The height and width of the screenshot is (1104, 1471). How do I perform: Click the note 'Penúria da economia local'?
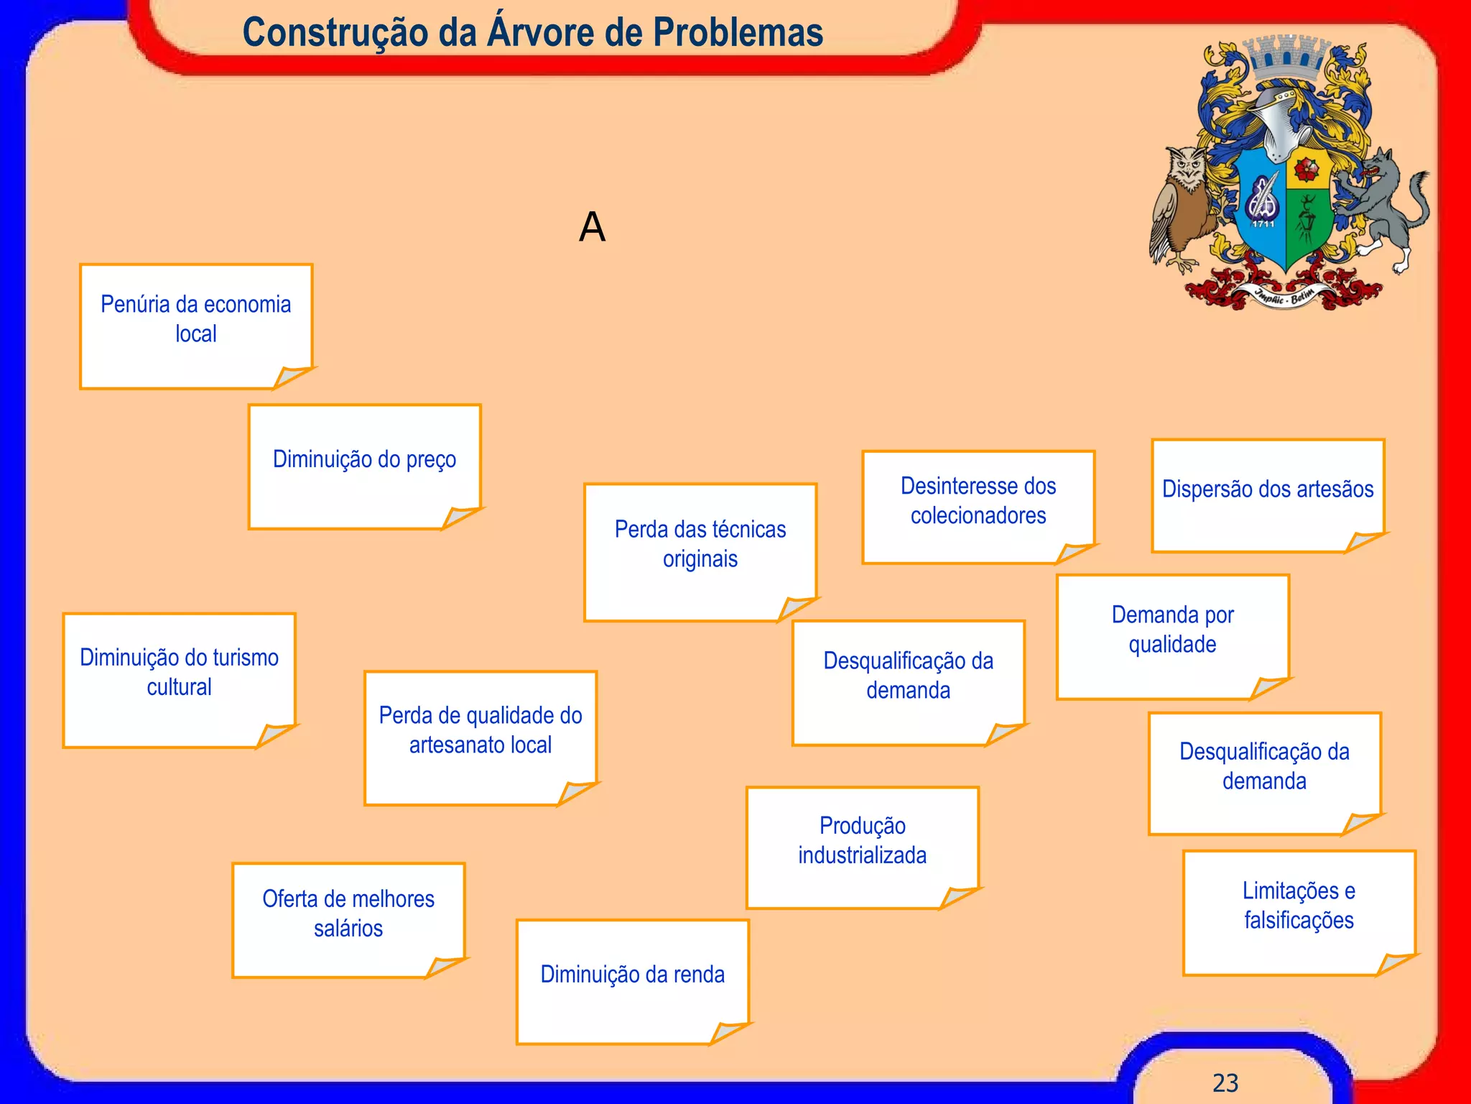point(195,326)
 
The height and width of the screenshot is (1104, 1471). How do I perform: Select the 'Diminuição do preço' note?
point(364,466)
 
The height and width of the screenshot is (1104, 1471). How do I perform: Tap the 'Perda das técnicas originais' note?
point(700,551)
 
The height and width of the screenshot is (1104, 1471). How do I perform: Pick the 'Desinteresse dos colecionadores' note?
point(978,507)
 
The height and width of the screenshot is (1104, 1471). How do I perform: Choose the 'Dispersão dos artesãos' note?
point(1268,495)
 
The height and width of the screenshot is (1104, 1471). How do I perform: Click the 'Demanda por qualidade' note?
point(1172,635)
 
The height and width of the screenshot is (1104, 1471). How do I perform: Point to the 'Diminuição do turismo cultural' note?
point(179,679)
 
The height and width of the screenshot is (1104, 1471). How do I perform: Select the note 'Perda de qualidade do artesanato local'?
point(480,737)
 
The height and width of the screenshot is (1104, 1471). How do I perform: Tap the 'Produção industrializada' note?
point(862,847)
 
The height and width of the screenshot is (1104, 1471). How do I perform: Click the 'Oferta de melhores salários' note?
point(348,919)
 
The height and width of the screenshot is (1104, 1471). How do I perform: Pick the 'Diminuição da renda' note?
point(632,980)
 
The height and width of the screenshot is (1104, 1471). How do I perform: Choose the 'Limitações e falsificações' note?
point(1299,912)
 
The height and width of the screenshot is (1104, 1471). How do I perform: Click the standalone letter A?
point(592,227)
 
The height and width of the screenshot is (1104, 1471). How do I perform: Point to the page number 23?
point(1225,1082)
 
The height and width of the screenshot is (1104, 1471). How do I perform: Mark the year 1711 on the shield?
point(1263,224)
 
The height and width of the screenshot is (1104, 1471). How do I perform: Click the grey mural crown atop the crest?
point(1286,57)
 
